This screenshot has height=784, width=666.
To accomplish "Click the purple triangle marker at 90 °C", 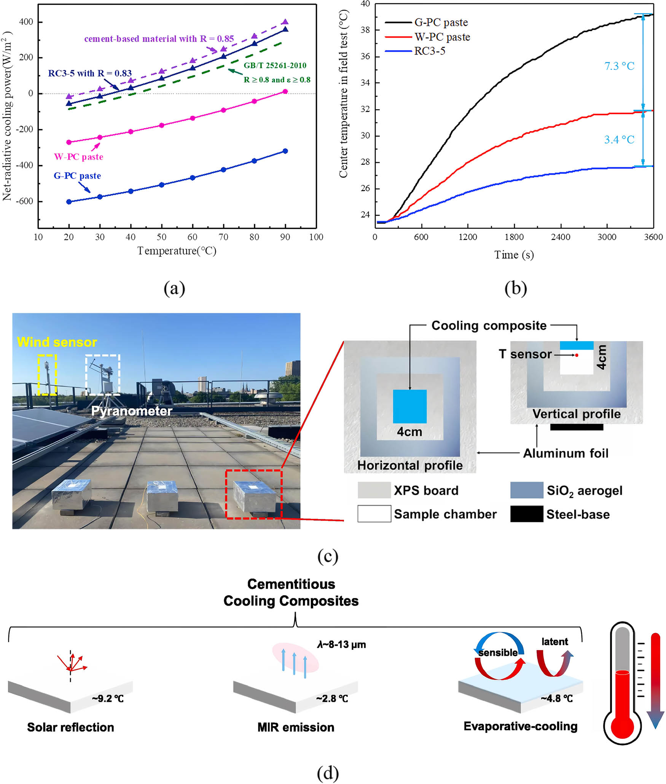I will [285, 22].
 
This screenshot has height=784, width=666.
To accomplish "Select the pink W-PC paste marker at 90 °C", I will [285, 91].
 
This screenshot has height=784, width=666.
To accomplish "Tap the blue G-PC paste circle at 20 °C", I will [69, 202].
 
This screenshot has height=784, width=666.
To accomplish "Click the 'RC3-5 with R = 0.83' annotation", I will [90, 73].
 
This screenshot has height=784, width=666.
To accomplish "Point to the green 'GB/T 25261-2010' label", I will [275, 65].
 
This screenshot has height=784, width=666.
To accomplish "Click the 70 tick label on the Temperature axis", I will [223, 237].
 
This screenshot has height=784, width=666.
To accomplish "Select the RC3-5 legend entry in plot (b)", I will [430, 51].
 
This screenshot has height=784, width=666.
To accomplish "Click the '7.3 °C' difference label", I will [619, 66].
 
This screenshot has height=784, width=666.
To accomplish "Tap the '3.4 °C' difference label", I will [619, 140].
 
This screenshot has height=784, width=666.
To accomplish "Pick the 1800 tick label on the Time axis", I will [514, 237].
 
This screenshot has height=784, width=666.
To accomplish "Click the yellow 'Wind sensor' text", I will [57, 342].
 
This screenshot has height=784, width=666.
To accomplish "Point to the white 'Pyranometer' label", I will [132, 411].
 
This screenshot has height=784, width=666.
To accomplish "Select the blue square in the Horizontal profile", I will [409, 406].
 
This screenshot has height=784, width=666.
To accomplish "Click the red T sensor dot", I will [577, 355].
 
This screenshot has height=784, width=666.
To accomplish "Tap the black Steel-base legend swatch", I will [526, 514].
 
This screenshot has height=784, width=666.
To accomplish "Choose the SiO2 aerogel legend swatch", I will [526, 490].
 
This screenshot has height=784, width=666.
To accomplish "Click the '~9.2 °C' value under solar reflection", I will [108, 699].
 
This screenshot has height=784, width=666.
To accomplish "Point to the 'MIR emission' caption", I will [296, 727].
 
